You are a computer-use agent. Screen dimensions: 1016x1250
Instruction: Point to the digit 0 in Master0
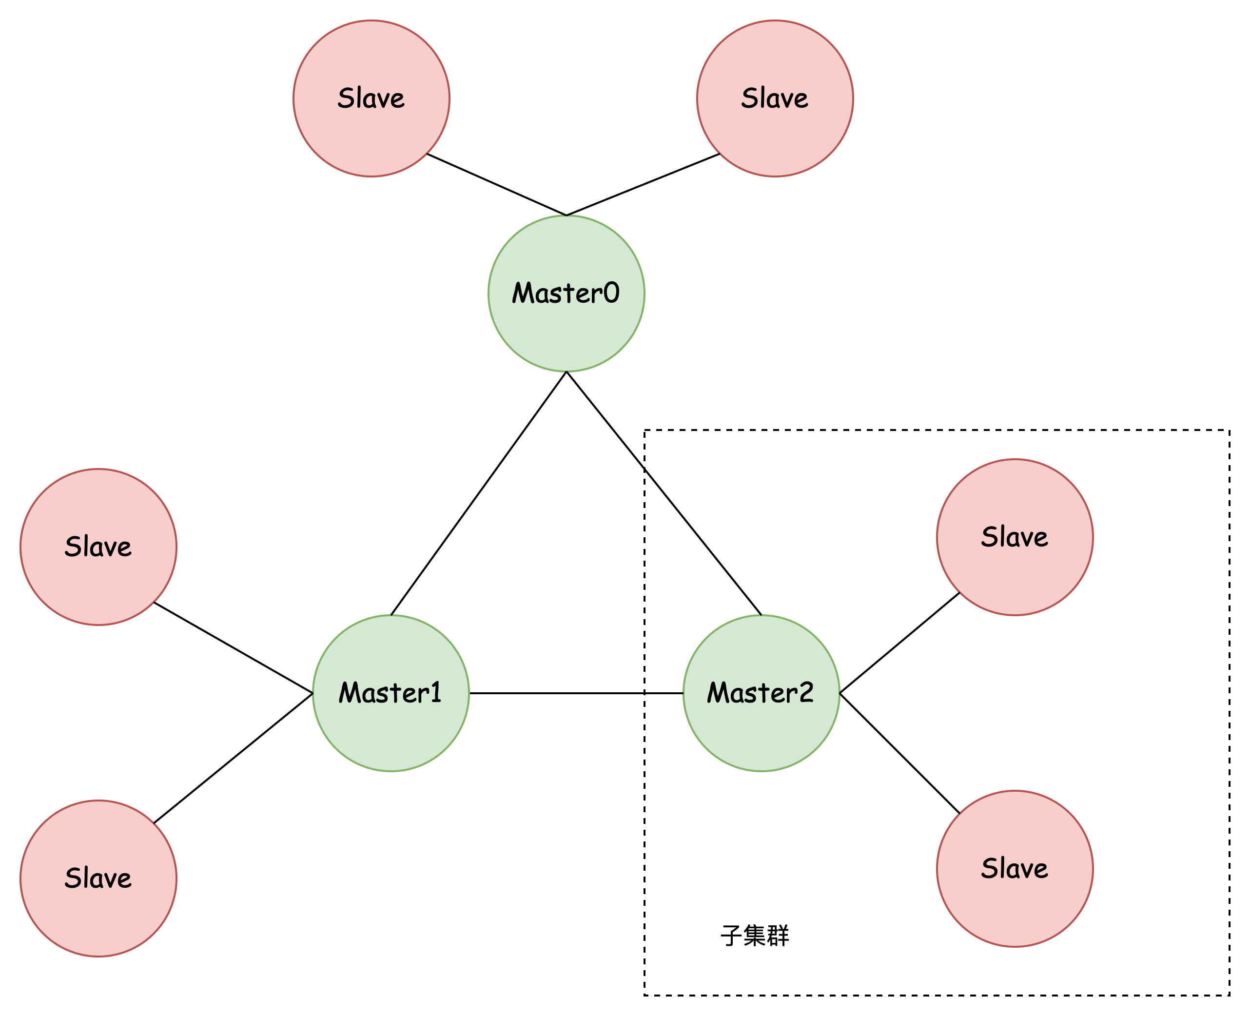coord(610,293)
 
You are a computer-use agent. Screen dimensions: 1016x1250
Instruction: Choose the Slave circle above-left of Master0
coord(371,135)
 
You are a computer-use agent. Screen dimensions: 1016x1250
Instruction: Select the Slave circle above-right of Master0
coord(775,135)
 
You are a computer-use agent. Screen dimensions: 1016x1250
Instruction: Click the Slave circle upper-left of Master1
coord(98,585)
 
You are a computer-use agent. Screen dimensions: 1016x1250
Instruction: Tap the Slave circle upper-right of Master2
coord(1015,576)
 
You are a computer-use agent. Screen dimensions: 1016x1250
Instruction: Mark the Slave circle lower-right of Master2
coord(1015,907)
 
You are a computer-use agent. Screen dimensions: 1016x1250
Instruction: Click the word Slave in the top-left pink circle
coord(371,98)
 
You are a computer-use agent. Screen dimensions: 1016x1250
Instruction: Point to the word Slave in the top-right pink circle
coord(775,98)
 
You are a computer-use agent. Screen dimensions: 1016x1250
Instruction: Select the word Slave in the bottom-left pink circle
coord(98,878)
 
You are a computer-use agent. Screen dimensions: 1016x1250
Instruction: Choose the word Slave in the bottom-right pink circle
coord(1015,868)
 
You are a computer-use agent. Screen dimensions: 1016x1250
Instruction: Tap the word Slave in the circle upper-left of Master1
coord(98,547)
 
